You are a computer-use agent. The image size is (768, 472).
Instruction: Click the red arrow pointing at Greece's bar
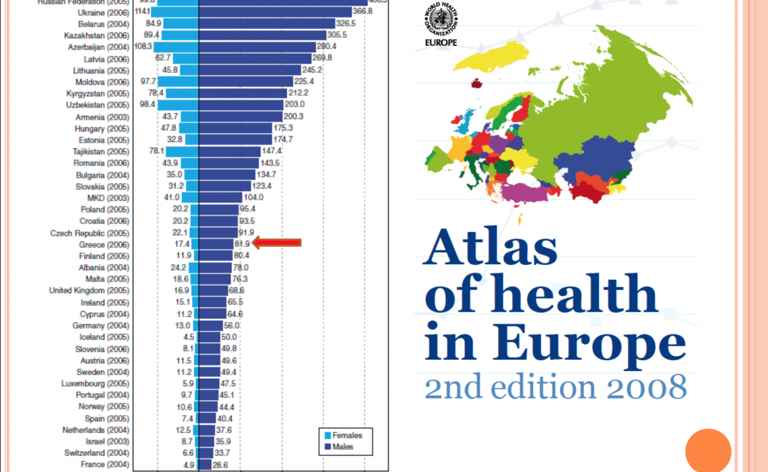[276, 243]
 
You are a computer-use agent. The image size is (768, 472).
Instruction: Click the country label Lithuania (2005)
[101, 70]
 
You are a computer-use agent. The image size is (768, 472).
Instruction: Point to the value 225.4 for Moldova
[304, 82]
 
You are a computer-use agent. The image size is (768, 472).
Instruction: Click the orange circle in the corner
[708, 451]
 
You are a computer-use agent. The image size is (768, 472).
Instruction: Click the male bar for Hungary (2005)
[235, 128]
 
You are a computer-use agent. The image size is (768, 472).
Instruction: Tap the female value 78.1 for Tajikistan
[156, 151]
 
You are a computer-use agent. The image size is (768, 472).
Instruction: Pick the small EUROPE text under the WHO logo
[441, 42]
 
